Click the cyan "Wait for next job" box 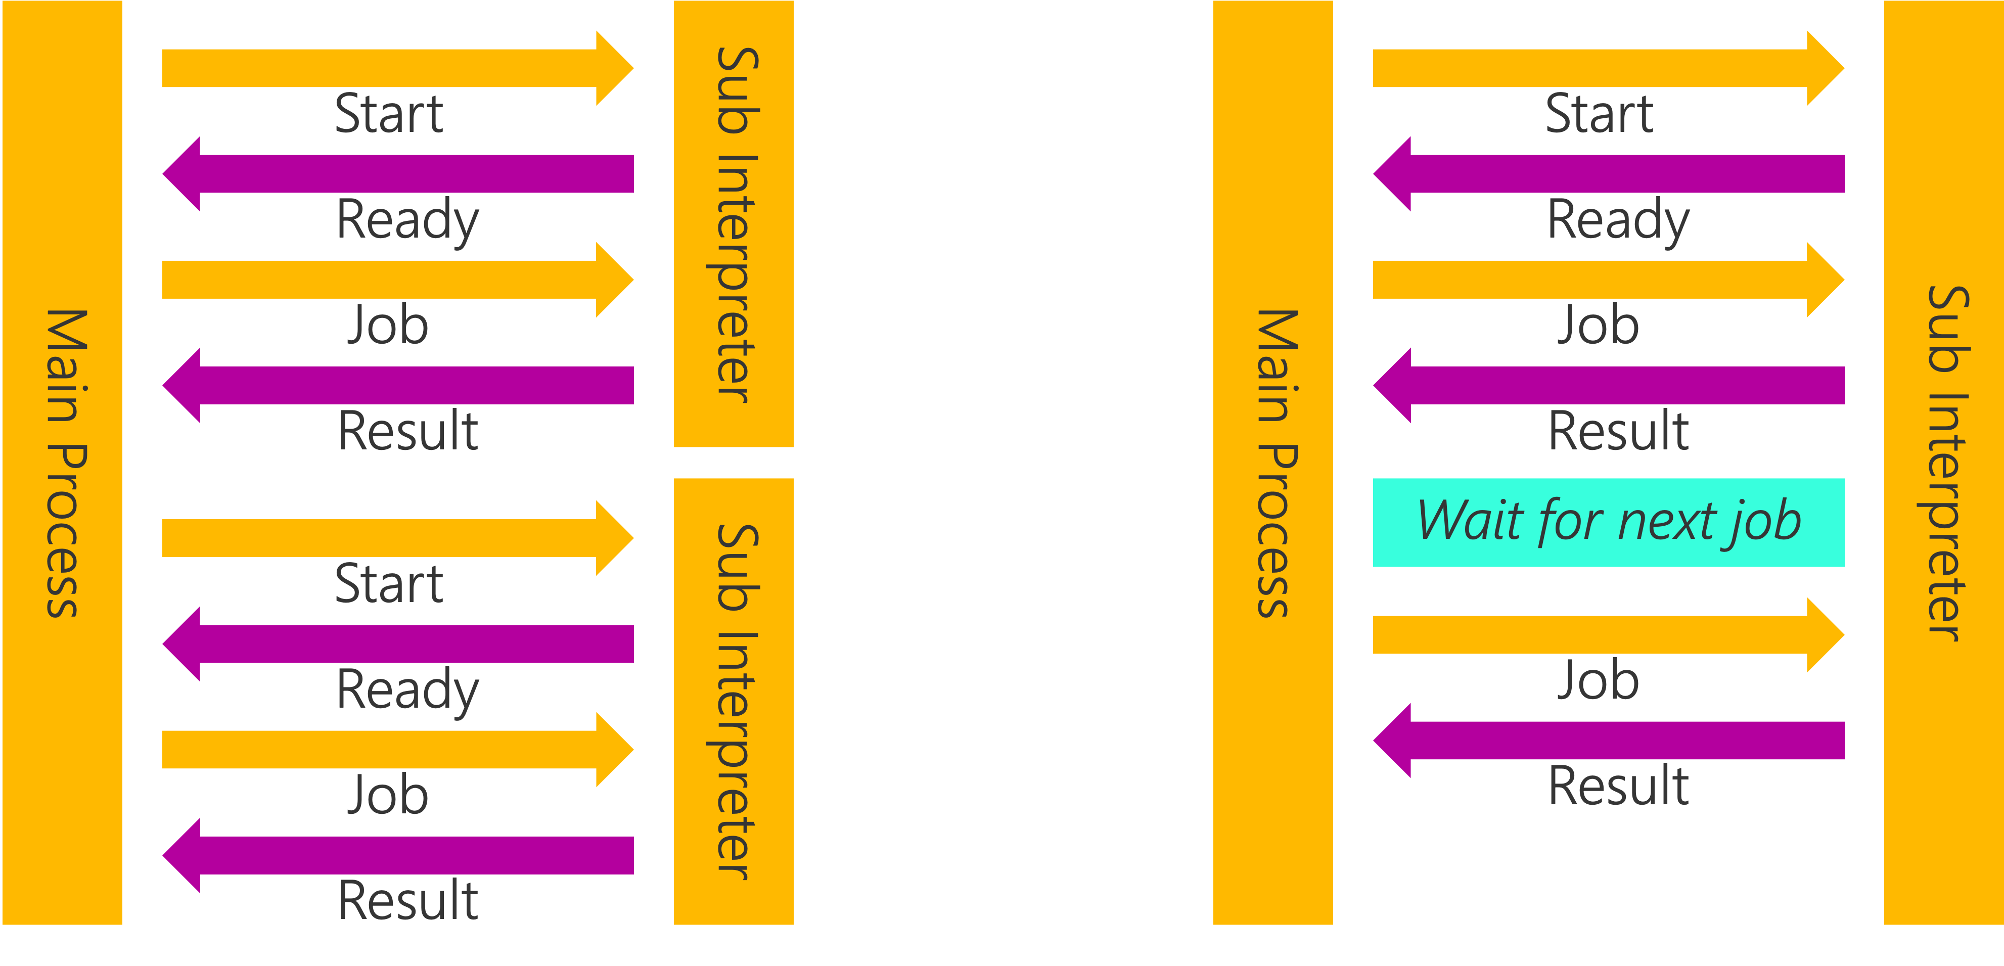pos(1608,523)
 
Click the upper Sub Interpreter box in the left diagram pos(734,224)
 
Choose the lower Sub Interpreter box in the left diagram pos(734,702)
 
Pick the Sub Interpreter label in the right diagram pos(1945,464)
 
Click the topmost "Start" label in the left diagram pos(389,114)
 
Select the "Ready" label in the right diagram pos(1618,220)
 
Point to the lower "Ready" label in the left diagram pos(407,690)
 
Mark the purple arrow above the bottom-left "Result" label pos(398,855)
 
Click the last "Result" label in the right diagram pos(1618,786)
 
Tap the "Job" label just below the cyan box pos(1599,680)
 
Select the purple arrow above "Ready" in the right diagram pos(1609,173)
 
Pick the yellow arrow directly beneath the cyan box pos(1609,635)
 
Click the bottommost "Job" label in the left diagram pos(387,795)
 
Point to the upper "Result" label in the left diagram pos(407,431)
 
